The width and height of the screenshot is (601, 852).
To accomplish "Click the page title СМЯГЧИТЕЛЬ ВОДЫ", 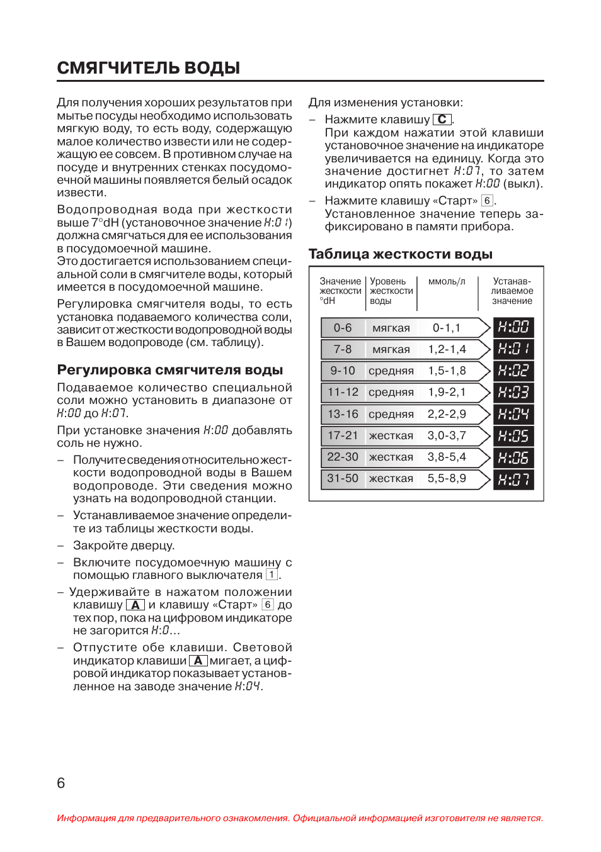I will click(x=149, y=68).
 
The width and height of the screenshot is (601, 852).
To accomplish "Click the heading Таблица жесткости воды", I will click(x=400, y=254).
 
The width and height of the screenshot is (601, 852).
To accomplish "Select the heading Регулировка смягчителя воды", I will click(x=169, y=370).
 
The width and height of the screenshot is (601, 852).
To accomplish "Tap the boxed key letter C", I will click(x=442, y=120).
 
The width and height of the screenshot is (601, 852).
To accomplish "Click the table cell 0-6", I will click(x=343, y=328).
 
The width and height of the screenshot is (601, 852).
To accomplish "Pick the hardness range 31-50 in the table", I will click(x=343, y=478).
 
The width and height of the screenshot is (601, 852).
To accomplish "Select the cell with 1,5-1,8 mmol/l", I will click(x=447, y=371).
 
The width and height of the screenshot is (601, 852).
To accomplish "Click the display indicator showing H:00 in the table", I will click(x=513, y=327).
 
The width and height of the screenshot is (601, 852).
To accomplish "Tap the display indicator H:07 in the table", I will click(x=513, y=479).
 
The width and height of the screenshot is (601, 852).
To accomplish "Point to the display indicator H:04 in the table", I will click(x=513, y=414).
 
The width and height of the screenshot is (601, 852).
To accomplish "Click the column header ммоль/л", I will click(x=447, y=281).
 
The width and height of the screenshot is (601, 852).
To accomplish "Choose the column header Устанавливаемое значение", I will click(x=512, y=291).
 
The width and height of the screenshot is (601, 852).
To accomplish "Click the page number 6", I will click(x=61, y=783).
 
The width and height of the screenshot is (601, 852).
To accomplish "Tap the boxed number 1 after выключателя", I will click(x=272, y=575).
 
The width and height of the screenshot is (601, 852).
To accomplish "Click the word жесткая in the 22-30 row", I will click(x=391, y=457).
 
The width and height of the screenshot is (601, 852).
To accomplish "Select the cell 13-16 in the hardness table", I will click(x=343, y=414).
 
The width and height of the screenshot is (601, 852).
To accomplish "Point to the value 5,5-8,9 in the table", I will click(x=447, y=478).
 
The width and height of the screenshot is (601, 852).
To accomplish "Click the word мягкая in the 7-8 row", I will click(x=391, y=349).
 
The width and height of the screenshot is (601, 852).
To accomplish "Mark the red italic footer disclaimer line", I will click(x=300, y=818).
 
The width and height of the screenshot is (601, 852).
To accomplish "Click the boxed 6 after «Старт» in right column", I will click(x=487, y=201).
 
